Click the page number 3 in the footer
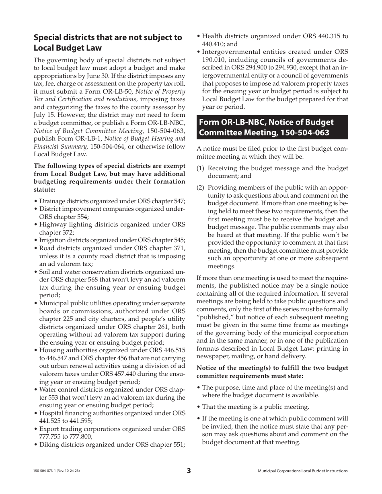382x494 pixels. (x=189, y=471)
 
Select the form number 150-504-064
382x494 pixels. (x=107, y=146)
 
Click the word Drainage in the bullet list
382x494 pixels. (x=51, y=201)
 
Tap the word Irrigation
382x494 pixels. (x=52, y=240)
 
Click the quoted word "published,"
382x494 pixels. (x=211, y=317)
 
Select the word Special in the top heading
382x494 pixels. (x=48, y=37)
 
